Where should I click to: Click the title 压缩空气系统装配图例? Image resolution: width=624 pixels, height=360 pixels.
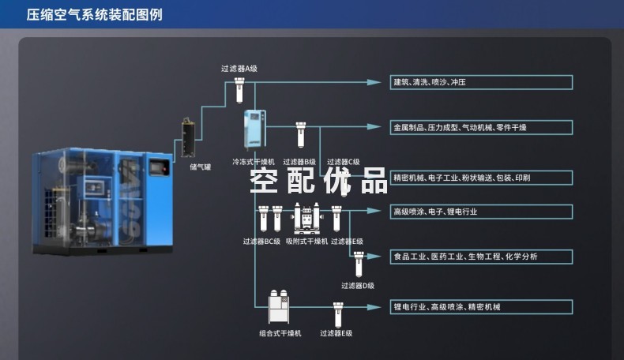tap(95, 14)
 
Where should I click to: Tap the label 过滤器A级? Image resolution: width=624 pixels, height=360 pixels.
tap(239, 69)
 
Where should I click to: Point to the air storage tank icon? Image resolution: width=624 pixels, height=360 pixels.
tap(188, 139)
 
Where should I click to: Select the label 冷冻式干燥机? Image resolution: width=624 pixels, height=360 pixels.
tap(253, 161)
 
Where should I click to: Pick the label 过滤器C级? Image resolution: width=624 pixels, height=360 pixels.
tap(343, 161)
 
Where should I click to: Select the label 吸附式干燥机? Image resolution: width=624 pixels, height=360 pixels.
tap(306, 242)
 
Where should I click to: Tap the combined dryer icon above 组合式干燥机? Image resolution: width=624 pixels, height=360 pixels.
tap(279, 307)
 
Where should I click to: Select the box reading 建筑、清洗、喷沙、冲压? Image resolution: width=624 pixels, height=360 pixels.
tap(482, 82)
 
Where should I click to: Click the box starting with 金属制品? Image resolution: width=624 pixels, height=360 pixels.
tap(482, 127)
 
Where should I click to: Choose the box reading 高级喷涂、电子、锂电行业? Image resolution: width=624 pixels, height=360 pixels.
tap(482, 212)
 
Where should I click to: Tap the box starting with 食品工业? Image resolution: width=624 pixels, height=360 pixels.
tap(482, 257)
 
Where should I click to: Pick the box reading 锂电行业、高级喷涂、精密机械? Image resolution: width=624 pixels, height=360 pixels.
tap(482, 306)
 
